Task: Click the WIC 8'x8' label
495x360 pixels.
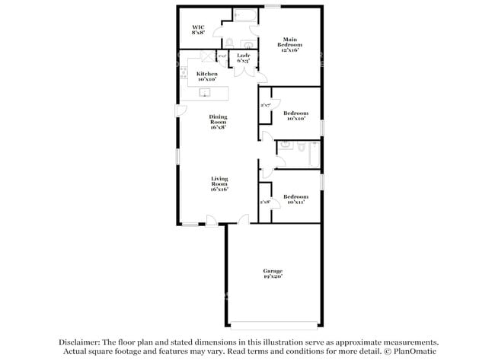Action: click(197, 30)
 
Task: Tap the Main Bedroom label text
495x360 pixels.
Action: click(289, 44)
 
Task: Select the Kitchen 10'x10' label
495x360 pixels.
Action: click(207, 76)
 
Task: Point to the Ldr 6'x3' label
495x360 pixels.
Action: click(244, 59)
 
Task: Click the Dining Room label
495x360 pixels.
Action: click(219, 122)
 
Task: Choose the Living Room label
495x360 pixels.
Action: click(219, 183)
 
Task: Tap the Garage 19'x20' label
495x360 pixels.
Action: click(273, 274)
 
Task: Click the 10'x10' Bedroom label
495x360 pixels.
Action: click(295, 116)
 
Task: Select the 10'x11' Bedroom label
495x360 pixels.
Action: click(295, 199)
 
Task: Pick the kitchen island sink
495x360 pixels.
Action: click(204, 93)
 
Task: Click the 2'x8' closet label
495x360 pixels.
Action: click(265, 202)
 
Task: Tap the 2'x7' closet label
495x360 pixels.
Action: click(266, 105)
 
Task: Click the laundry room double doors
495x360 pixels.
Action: click(244, 72)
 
